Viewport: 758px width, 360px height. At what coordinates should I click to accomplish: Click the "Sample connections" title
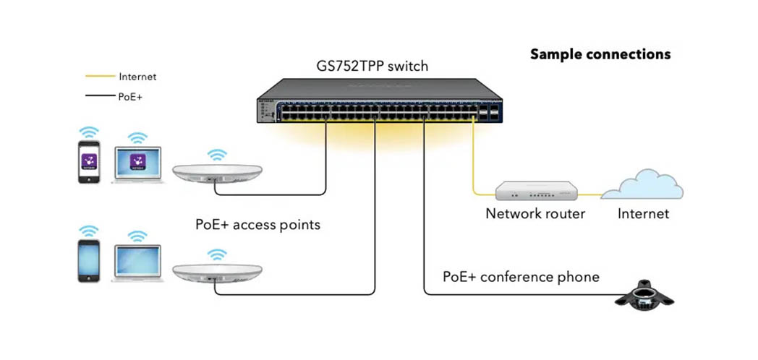600,54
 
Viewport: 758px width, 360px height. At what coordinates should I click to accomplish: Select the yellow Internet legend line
100,76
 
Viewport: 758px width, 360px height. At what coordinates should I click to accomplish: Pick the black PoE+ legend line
100,95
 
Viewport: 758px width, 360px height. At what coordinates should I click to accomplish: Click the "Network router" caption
535,214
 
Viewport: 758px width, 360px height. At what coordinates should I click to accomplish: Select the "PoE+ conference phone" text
521,277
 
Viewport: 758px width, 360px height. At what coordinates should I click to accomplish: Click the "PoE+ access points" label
257,225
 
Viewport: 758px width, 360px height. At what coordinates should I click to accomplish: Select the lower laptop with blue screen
138,262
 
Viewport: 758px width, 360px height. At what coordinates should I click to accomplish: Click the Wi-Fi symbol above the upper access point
215,154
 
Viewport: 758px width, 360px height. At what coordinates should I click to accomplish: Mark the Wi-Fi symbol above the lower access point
215,254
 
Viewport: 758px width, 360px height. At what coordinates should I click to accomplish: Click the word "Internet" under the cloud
643,214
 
